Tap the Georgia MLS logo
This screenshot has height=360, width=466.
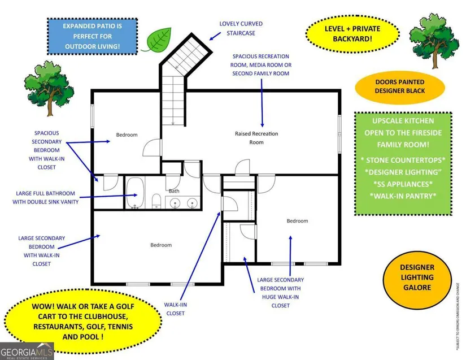click(x=27, y=351)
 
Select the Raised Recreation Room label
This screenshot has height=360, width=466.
click(x=256, y=138)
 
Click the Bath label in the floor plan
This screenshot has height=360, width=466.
click(x=174, y=191)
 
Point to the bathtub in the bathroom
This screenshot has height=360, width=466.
click(x=135, y=193)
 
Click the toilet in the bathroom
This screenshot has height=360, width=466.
click(x=156, y=201)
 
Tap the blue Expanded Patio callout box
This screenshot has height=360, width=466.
click(x=93, y=36)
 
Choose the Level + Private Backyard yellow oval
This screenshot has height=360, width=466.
click(x=352, y=34)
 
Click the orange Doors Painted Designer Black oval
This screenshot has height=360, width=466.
click(x=400, y=86)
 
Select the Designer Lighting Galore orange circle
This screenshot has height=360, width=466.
click(x=417, y=277)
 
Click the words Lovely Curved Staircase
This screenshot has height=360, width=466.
click(x=241, y=28)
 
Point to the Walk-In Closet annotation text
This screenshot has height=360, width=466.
click(x=175, y=309)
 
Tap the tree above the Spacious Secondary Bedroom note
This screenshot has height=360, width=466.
click(x=49, y=88)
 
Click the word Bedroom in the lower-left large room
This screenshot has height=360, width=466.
click(x=161, y=245)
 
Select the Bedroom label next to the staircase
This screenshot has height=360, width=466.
click(x=127, y=135)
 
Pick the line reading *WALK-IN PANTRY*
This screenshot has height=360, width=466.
click(x=403, y=196)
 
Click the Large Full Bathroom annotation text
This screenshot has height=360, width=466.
click(x=46, y=197)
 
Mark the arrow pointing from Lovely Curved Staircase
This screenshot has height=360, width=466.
click(x=215, y=36)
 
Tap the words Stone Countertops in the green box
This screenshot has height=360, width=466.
click(x=403, y=160)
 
